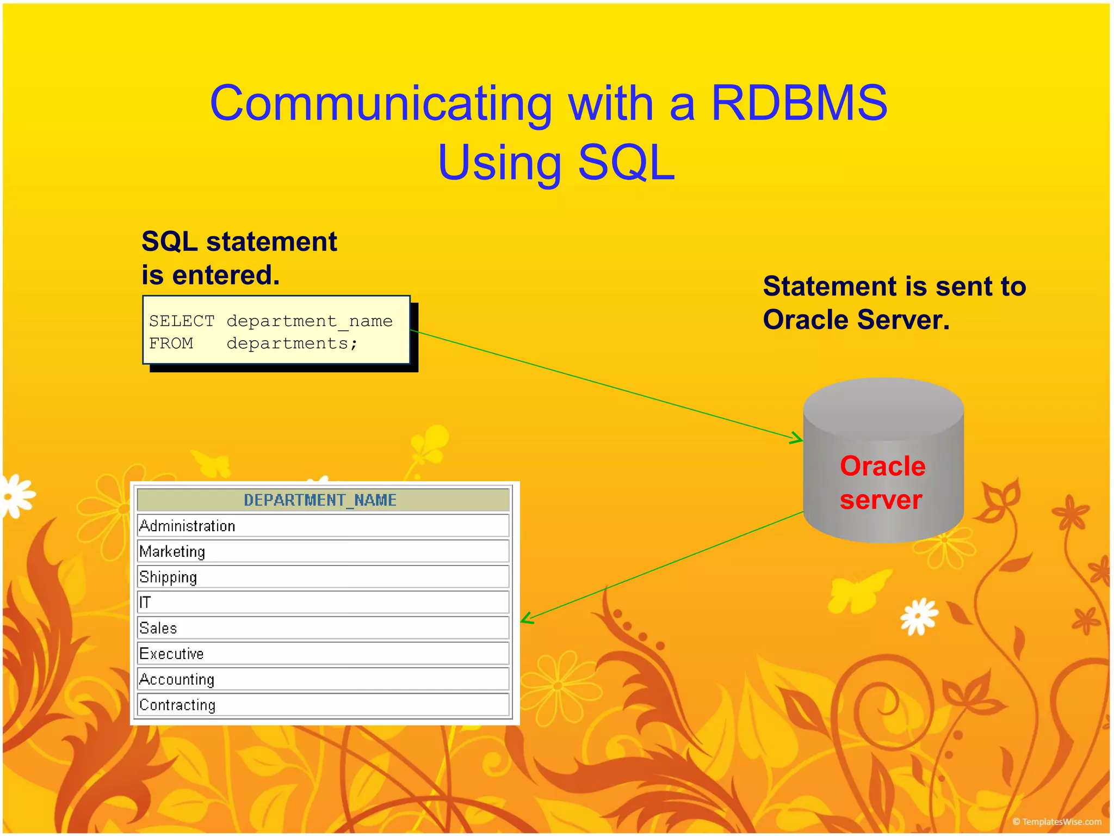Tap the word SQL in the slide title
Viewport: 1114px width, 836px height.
(x=626, y=163)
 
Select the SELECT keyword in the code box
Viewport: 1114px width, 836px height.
(x=182, y=321)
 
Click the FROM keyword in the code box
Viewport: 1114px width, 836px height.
(x=171, y=343)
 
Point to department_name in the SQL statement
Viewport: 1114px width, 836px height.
(x=309, y=321)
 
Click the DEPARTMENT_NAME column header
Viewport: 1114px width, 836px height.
(x=320, y=500)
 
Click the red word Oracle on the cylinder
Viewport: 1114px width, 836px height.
(x=882, y=466)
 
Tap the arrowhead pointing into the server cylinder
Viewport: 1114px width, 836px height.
(x=797, y=438)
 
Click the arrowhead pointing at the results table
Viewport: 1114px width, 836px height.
(x=527, y=618)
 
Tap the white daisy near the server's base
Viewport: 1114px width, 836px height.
(x=919, y=616)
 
